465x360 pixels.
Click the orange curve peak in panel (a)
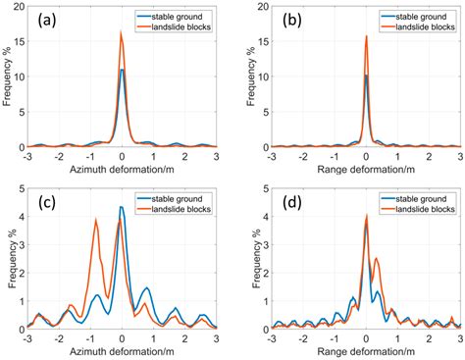pyautogui.click(x=122, y=32)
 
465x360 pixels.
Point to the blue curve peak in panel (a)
pyautogui.click(x=122, y=70)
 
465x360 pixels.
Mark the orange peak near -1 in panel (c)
pyautogui.click(x=96, y=220)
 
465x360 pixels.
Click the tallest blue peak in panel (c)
pyautogui.click(x=121, y=207)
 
